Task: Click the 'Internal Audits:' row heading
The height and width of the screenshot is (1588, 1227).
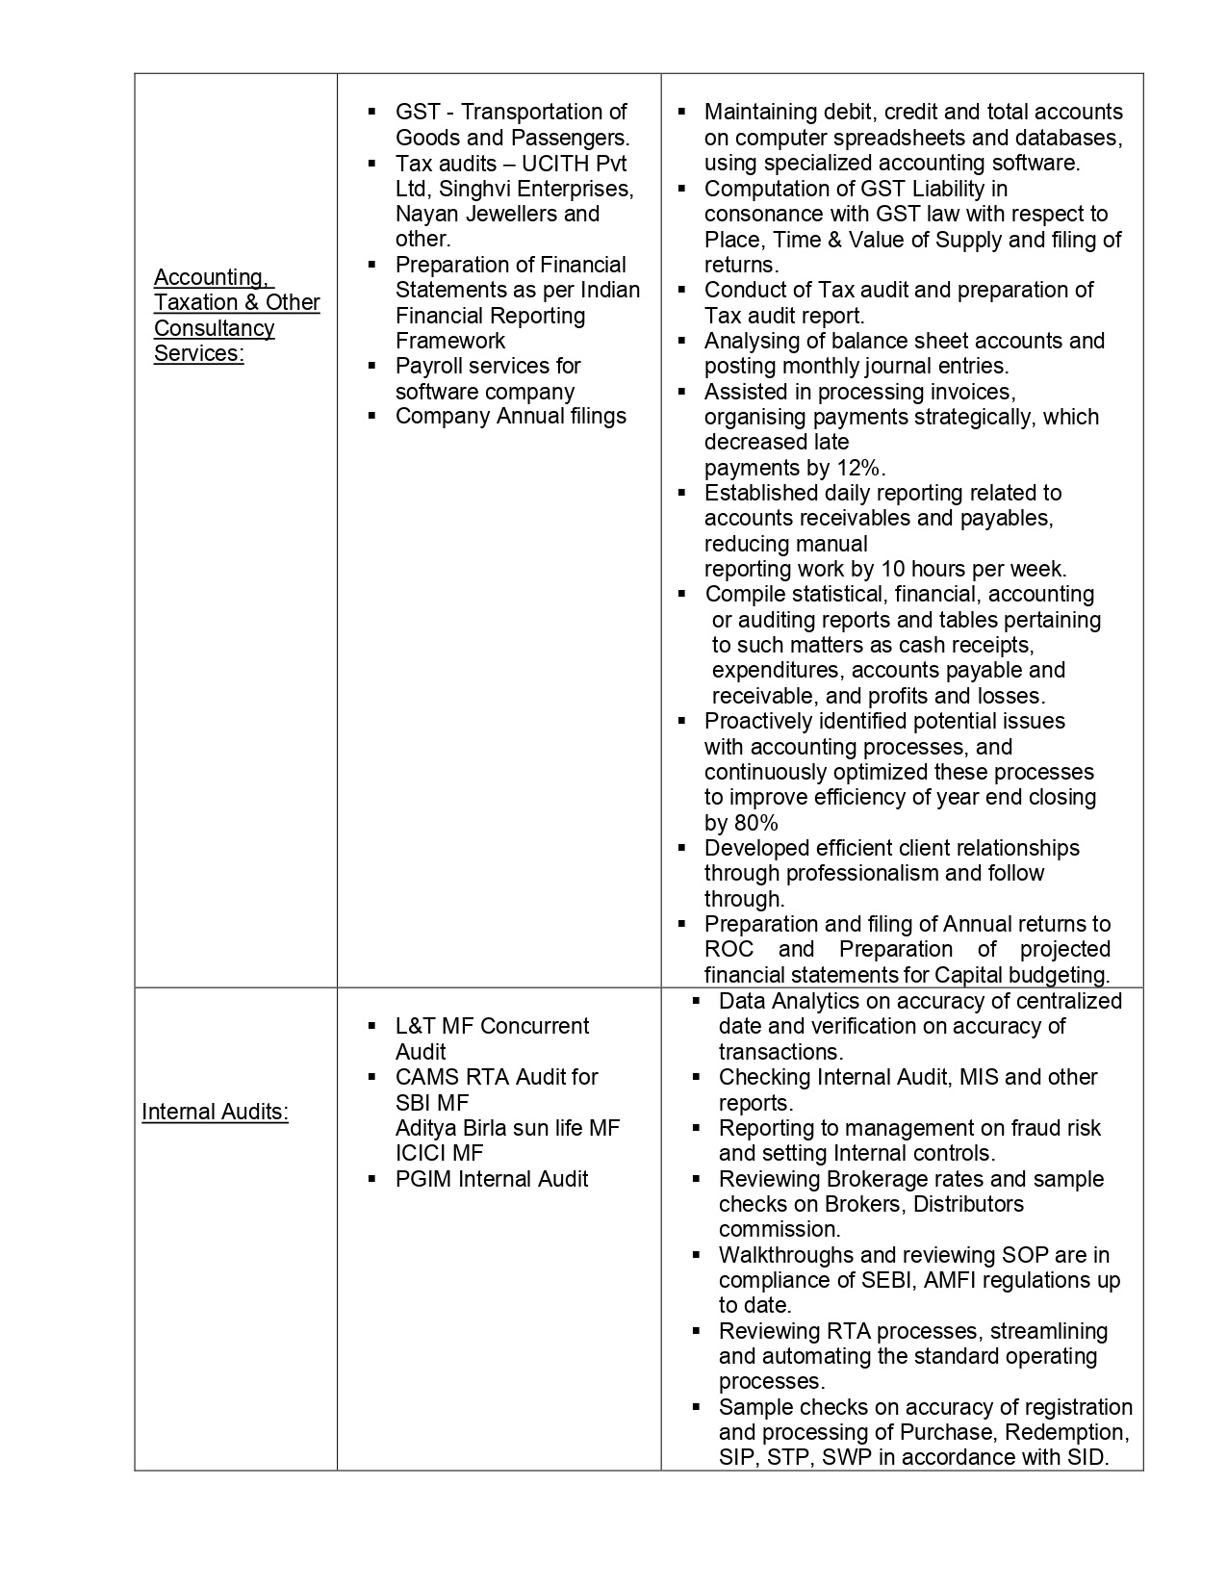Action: pyautogui.click(x=215, y=1112)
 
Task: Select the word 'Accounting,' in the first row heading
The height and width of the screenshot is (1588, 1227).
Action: pyautogui.click(x=212, y=277)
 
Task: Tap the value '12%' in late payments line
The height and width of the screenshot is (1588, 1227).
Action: pyautogui.click(x=859, y=468)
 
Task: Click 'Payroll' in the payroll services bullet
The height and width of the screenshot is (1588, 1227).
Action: pyautogui.click(x=432, y=366)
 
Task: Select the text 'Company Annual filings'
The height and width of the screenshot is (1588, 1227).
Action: pyautogui.click(x=510, y=416)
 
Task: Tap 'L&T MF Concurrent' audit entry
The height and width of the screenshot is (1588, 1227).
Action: pyautogui.click(x=492, y=1026)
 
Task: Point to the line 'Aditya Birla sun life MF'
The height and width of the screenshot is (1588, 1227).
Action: pyautogui.click(x=507, y=1128)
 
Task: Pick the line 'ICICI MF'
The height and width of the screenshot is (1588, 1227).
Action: pyautogui.click(x=439, y=1153)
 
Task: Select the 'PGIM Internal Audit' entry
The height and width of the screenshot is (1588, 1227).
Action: pyautogui.click(x=491, y=1179)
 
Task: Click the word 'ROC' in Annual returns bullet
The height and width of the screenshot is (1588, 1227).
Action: pyautogui.click(x=729, y=949)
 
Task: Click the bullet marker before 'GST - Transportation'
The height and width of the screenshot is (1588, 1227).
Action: pyautogui.click(x=371, y=113)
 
